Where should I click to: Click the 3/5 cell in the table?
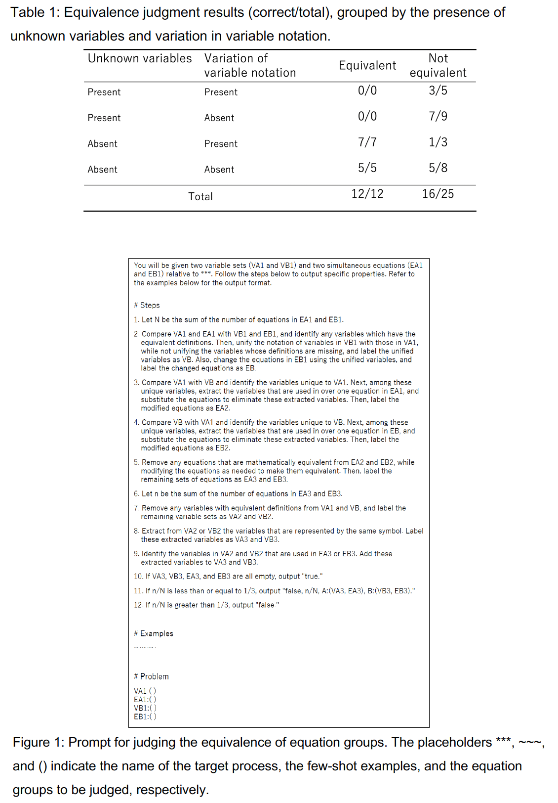coord(438,90)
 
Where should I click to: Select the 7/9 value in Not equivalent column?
coord(438,116)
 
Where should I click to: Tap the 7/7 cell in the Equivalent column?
coord(367,142)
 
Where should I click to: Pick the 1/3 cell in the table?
coord(438,142)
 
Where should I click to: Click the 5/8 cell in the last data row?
coord(438,168)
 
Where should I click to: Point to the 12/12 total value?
coord(367,194)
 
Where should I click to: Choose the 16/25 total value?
coord(438,194)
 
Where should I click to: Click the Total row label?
coord(200,197)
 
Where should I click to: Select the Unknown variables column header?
coord(140,58)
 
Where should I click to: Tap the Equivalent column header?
coord(367,66)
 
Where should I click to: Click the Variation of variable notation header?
coord(250,66)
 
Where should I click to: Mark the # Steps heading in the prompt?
coord(147,306)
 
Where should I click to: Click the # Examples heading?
coord(154,634)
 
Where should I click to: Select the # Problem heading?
coord(151,676)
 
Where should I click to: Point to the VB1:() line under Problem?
coord(145,708)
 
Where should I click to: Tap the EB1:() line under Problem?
coord(145,716)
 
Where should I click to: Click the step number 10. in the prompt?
coord(138,577)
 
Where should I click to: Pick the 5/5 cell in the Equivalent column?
coord(367,168)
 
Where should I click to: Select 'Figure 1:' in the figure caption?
coord(38,743)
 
